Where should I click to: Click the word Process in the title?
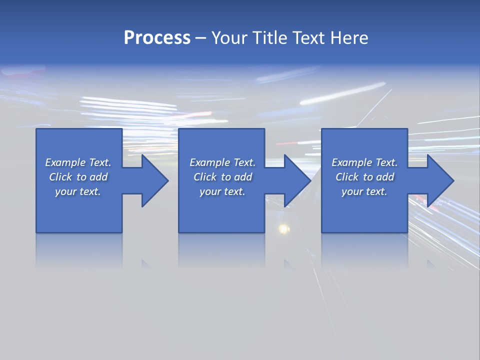[157, 38]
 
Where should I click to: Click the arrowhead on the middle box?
[296, 180]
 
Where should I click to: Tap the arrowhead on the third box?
[439, 180]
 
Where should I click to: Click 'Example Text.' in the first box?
[78, 162]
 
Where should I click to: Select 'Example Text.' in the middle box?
[222, 162]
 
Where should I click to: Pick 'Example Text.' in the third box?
[364, 162]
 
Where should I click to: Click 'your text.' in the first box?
[78, 191]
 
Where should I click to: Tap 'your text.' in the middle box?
[222, 191]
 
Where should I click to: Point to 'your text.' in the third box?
[364, 191]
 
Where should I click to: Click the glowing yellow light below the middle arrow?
[283, 229]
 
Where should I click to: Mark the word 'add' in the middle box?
[243, 177]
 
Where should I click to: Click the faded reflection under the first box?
[79, 250]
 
